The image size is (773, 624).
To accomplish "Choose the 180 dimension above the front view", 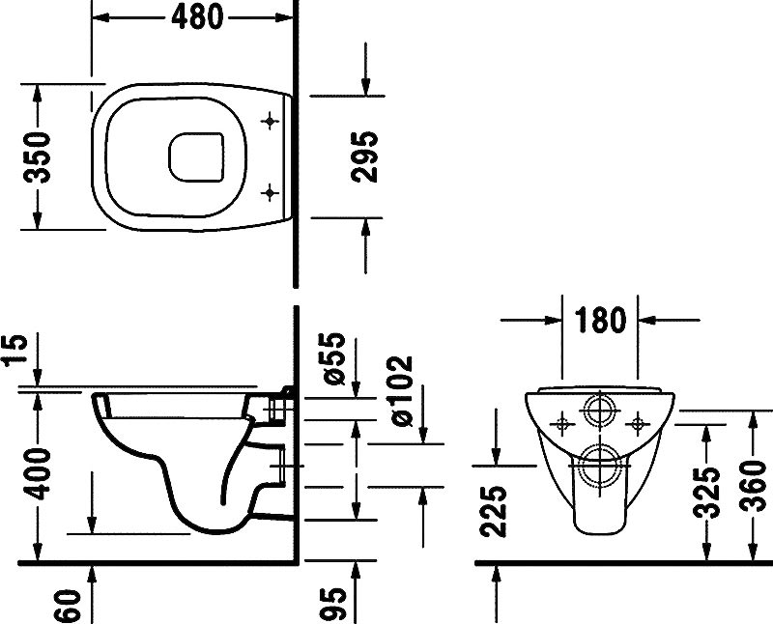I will coord(601,320).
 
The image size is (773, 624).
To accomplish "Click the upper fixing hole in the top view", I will coord(270,121).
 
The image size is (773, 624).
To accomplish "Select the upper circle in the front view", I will coord(600,409).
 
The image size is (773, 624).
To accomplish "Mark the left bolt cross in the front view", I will coord(562,421).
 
